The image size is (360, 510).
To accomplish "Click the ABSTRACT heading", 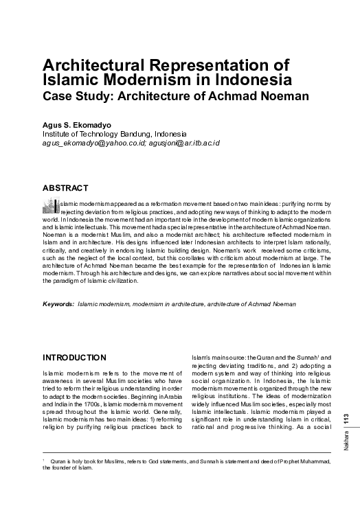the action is click(65, 187).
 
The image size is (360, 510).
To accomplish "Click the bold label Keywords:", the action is click(58, 303).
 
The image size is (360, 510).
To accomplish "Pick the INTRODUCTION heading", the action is click(74, 358).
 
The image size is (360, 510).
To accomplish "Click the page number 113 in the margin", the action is click(346, 420).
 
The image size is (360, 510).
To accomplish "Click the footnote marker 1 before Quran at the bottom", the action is click(44, 460).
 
